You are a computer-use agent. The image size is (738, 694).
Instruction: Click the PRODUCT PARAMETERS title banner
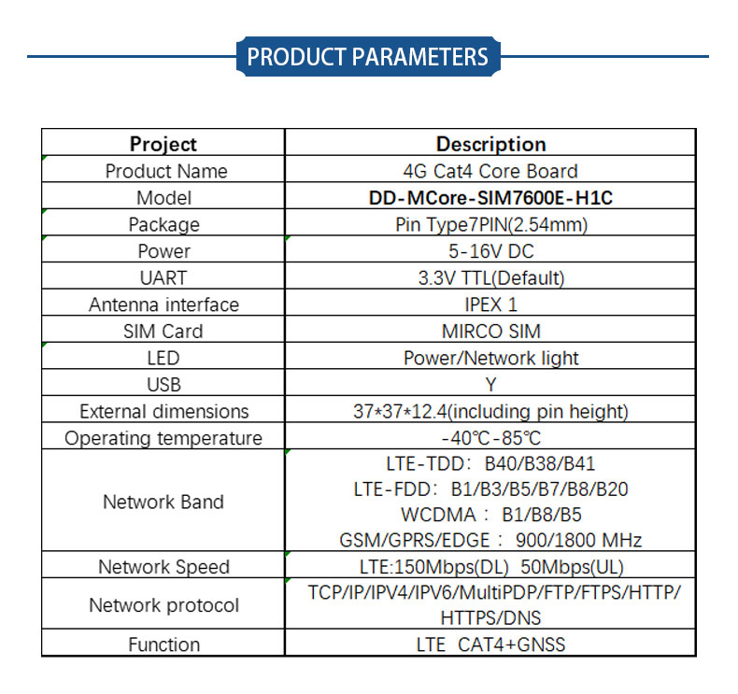pos(368,56)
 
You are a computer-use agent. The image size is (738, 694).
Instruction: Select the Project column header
pos(163,144)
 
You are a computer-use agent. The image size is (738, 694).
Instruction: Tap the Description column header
pos(490,144)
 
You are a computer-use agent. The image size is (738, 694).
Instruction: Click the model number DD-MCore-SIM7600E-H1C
pos(490,198)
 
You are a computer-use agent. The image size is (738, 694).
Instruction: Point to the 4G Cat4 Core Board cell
pos(490,171)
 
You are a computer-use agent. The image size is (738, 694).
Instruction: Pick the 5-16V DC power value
pos(490,251)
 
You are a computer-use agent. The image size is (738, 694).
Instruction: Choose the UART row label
pos(163,278)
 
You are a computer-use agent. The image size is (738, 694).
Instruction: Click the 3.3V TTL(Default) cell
pos(490,278)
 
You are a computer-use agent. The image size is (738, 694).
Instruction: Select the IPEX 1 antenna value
pos(490,305)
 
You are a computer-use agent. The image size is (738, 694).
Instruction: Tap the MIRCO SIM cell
pos(490,332)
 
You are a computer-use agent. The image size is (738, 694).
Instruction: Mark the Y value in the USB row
pos(490,385)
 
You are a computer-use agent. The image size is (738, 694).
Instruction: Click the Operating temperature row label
pos(163,438)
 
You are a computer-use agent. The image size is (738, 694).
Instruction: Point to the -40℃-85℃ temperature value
pos(490,438)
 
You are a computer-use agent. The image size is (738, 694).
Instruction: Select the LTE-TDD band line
pos(490,464)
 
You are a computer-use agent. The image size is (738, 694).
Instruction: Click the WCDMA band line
pos(490,515)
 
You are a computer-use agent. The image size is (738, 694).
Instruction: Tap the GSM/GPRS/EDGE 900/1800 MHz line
pos(490,540)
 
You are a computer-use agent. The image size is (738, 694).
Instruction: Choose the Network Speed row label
pos(163,567)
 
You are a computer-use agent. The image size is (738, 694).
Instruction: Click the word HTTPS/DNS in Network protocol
pos(490,617)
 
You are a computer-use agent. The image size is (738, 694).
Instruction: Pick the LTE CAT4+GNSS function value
pos(490,644)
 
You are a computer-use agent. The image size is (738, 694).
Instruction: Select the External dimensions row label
pos(163,412)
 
